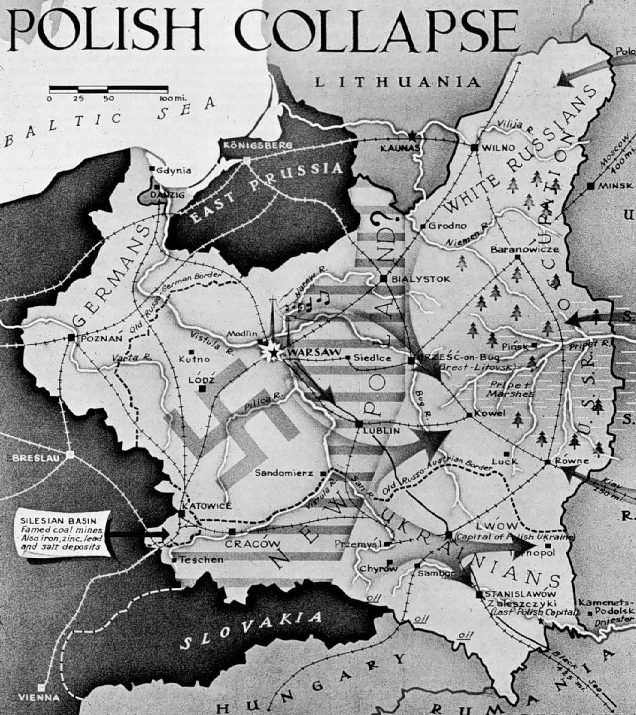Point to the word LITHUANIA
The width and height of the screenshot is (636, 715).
pyautogui.click(x=397, y=82)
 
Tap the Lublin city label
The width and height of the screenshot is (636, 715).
pyautogui.click(x=382, y=430)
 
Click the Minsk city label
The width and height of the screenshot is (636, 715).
pyautogui.click(x=617, y=185)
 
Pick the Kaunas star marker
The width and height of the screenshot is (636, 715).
pyautogui.click(x=412, y=136)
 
